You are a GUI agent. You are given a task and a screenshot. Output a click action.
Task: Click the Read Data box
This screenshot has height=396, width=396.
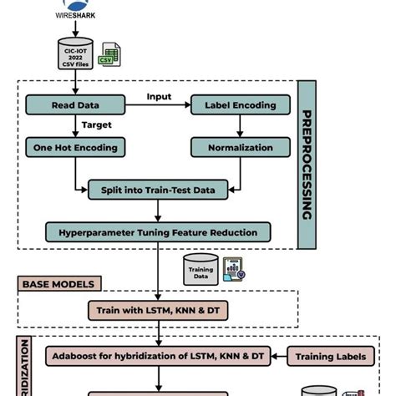tap(76, 105)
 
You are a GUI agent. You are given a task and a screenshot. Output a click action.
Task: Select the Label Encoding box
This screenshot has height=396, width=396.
tap(240, 105)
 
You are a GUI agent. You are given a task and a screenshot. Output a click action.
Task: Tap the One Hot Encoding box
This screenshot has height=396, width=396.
tap(76, 147)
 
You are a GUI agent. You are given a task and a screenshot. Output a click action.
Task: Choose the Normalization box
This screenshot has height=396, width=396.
tap(240, 147)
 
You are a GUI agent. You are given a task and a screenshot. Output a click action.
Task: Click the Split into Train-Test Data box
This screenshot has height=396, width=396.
tap(157, 190)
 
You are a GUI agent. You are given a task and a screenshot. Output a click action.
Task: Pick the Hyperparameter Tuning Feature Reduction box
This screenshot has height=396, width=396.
tap(157, 231)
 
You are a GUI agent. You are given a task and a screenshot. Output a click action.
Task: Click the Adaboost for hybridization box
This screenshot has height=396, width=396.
tap(159, 357)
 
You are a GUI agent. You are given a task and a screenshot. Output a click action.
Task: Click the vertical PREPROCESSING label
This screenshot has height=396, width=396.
tap(306, 164)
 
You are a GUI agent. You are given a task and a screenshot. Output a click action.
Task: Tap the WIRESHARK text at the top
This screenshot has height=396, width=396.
tap(76, 14)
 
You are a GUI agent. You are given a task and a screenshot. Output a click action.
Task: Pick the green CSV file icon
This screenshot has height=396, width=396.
tap(107, 54)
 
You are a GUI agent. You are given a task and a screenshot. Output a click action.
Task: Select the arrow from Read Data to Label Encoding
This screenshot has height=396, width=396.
tap(159, 106)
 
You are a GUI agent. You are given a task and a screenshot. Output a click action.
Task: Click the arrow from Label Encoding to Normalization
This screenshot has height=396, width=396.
tap(240, 126)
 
